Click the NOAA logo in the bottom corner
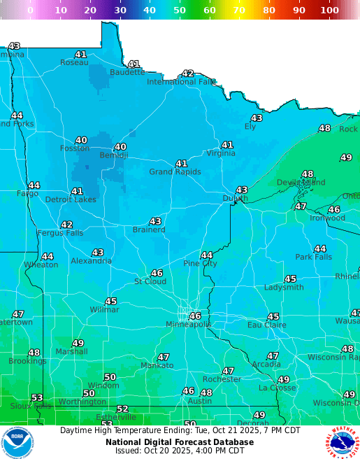click(17, 442)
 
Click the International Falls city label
click(181, 82)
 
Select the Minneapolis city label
click(188, 325)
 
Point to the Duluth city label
click(235, 199)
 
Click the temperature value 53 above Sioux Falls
click(37, 397)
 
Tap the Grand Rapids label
click(175, 172)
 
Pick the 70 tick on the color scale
click(239, 10)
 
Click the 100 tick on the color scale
click(329, 10)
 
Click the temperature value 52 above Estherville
click(122, 409)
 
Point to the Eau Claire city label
click(266, 325)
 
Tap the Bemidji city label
click(114, 155)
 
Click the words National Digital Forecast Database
click(180, 442)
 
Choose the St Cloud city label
click(150, 281)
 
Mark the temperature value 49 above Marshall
click(78, 343)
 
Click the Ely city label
click(250, 127)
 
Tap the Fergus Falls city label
click(59, 233)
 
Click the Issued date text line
click(180, 451)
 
